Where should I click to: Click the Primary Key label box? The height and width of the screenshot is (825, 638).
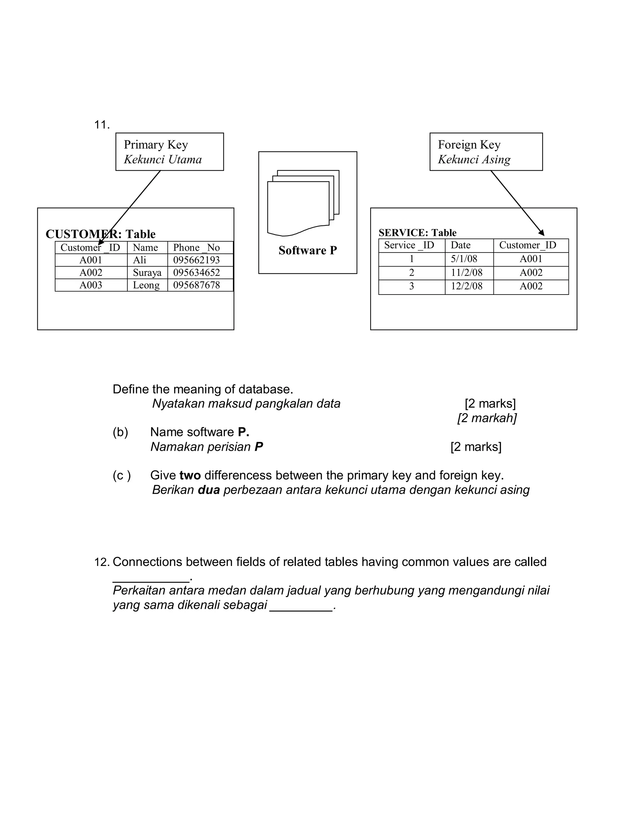coord(169,152)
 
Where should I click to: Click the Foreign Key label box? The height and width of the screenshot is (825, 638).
coord(486,152)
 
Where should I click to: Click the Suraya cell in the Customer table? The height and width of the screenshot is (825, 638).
coord(147,273)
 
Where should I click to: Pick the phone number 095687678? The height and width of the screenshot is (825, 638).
coord(197,285)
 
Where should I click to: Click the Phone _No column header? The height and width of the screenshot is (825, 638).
coord(197,248)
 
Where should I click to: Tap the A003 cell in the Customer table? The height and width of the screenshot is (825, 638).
coord(91,285)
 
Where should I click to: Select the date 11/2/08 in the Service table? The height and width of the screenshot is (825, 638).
coord(466,273)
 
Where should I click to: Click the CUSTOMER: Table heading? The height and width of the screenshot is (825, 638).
coord(101,234)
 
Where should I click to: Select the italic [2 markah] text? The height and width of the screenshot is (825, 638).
coord(487,418)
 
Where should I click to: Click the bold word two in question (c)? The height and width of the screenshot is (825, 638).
coord(190,475)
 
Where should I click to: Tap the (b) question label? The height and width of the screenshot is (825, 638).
coord(120,432)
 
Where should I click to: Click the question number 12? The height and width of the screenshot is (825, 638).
coord(101,562)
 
